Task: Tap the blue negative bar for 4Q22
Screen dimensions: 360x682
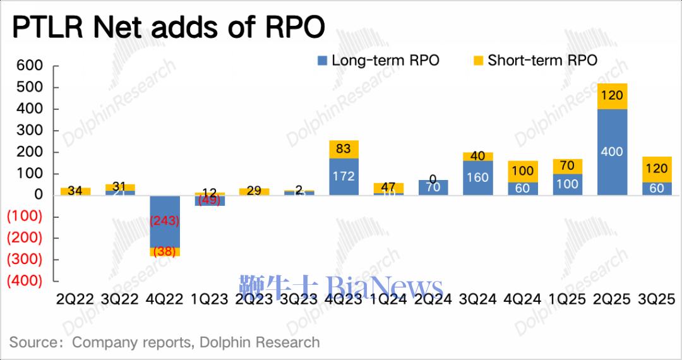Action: click(164, 221)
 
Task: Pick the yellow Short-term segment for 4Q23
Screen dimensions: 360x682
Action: click(344, 149)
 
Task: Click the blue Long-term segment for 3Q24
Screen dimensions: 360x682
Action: click(478, 177)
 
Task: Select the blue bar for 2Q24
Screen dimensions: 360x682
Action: click(433, 188)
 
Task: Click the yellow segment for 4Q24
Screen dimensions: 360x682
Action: click(523, 171)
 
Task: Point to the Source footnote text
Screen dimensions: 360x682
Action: click(164, 342)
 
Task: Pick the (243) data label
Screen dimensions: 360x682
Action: click(164, 221)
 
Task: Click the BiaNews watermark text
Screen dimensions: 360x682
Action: click(341, 288)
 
